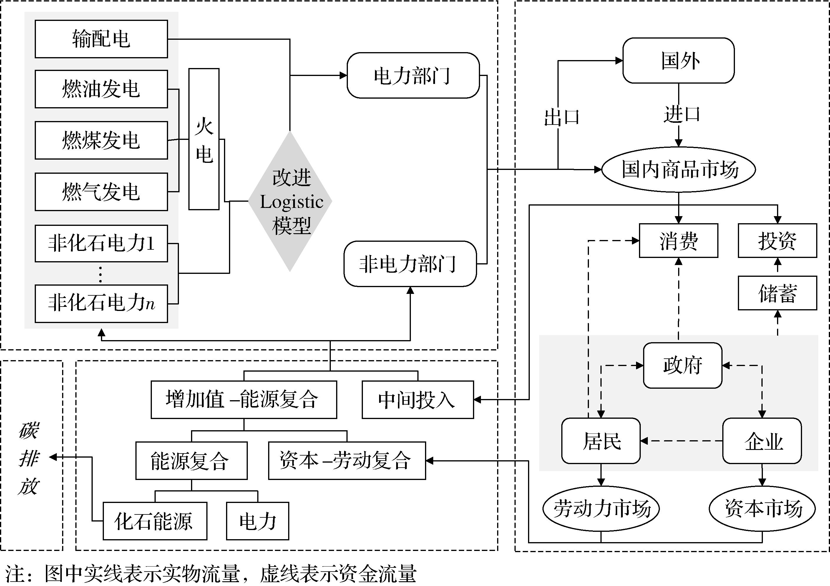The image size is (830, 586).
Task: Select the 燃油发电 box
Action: [x=101, y=89]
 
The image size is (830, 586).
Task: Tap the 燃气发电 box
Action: [x=101, y=192]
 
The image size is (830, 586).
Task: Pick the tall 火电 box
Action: [x=204, y=139]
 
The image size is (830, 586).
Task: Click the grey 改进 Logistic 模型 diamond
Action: [x=290, y=201]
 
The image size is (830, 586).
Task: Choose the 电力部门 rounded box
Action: [x=413, y=76]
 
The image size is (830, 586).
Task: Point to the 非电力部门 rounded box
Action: [x=410, y=264]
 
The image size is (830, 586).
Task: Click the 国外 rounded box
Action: [x=678, y=60]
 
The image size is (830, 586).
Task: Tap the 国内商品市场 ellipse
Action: [x=678, y=169]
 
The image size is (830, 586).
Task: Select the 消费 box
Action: [x=678, y=241]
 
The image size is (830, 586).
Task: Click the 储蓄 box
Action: [x=777, y=293]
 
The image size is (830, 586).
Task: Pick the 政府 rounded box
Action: [x=683, y=365]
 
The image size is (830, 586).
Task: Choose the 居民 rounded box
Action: [x=601, y=441]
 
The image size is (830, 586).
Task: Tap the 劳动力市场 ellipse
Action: [x=601, y=509]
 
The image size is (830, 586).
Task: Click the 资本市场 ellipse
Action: [x=762, y=509]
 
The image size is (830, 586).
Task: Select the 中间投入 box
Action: [x=418, y=400]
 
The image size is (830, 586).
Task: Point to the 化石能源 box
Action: [x=155, y=521]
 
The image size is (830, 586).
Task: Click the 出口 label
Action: [x=561, y=117]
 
